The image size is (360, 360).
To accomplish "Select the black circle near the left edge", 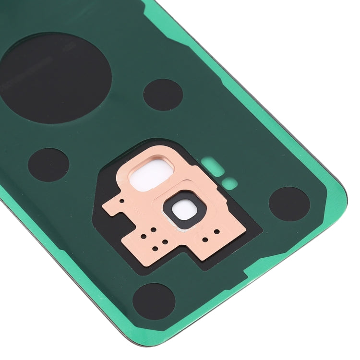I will (x=48, y=165).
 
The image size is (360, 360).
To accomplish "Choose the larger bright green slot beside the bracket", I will (x=213, y=166).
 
